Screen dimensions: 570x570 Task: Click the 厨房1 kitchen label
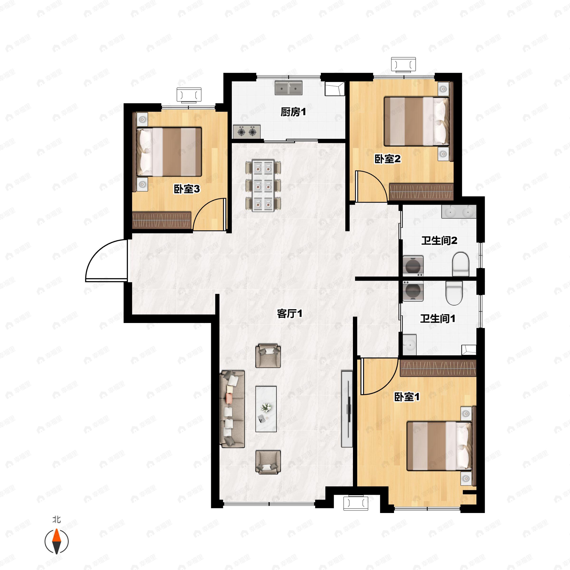[x=293, y=112]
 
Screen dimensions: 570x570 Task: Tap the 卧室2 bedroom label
[x=387, y=159]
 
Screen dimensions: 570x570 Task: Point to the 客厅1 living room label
[x=290, y=313]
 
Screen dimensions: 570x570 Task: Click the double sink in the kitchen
[x=289, y=88]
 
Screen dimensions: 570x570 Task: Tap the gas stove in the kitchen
[x=247, y=132]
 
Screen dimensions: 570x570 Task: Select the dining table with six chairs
[x=263, y=185]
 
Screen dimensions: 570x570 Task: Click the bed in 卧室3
[x=169, y=152]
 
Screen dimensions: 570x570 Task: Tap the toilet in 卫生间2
[x=461, y=264]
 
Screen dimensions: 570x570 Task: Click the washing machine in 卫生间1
[x=413, y=291]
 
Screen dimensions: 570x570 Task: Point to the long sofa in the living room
[x=233, y=409]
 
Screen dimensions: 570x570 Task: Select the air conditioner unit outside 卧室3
[x=189, y=95]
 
